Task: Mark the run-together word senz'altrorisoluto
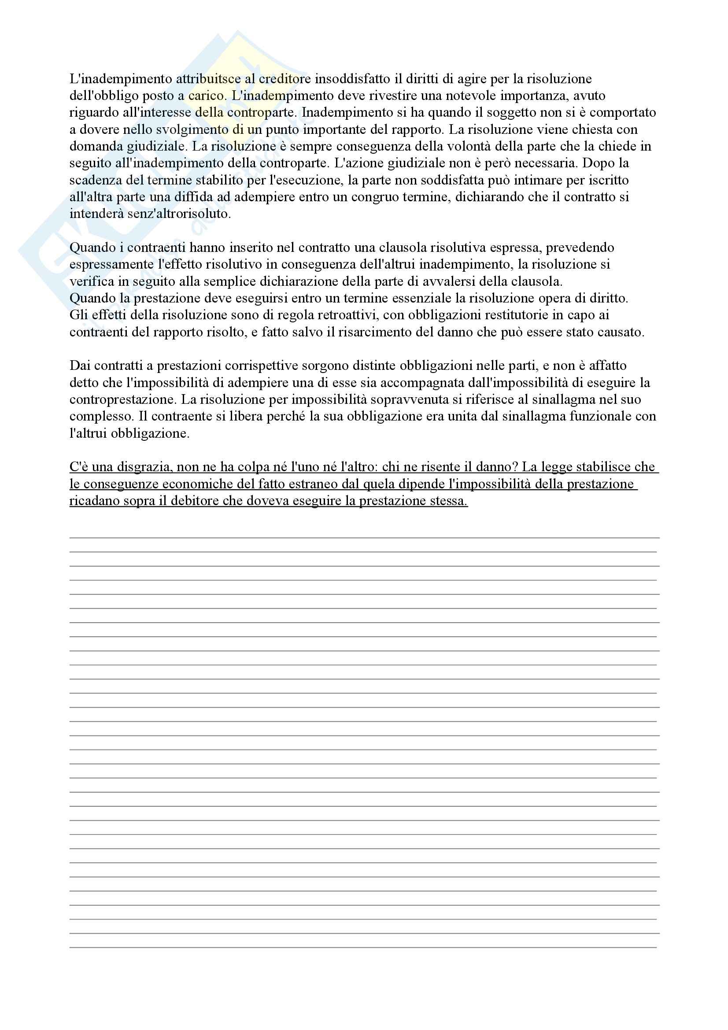click(179, 214)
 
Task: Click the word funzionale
click(601, 416)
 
